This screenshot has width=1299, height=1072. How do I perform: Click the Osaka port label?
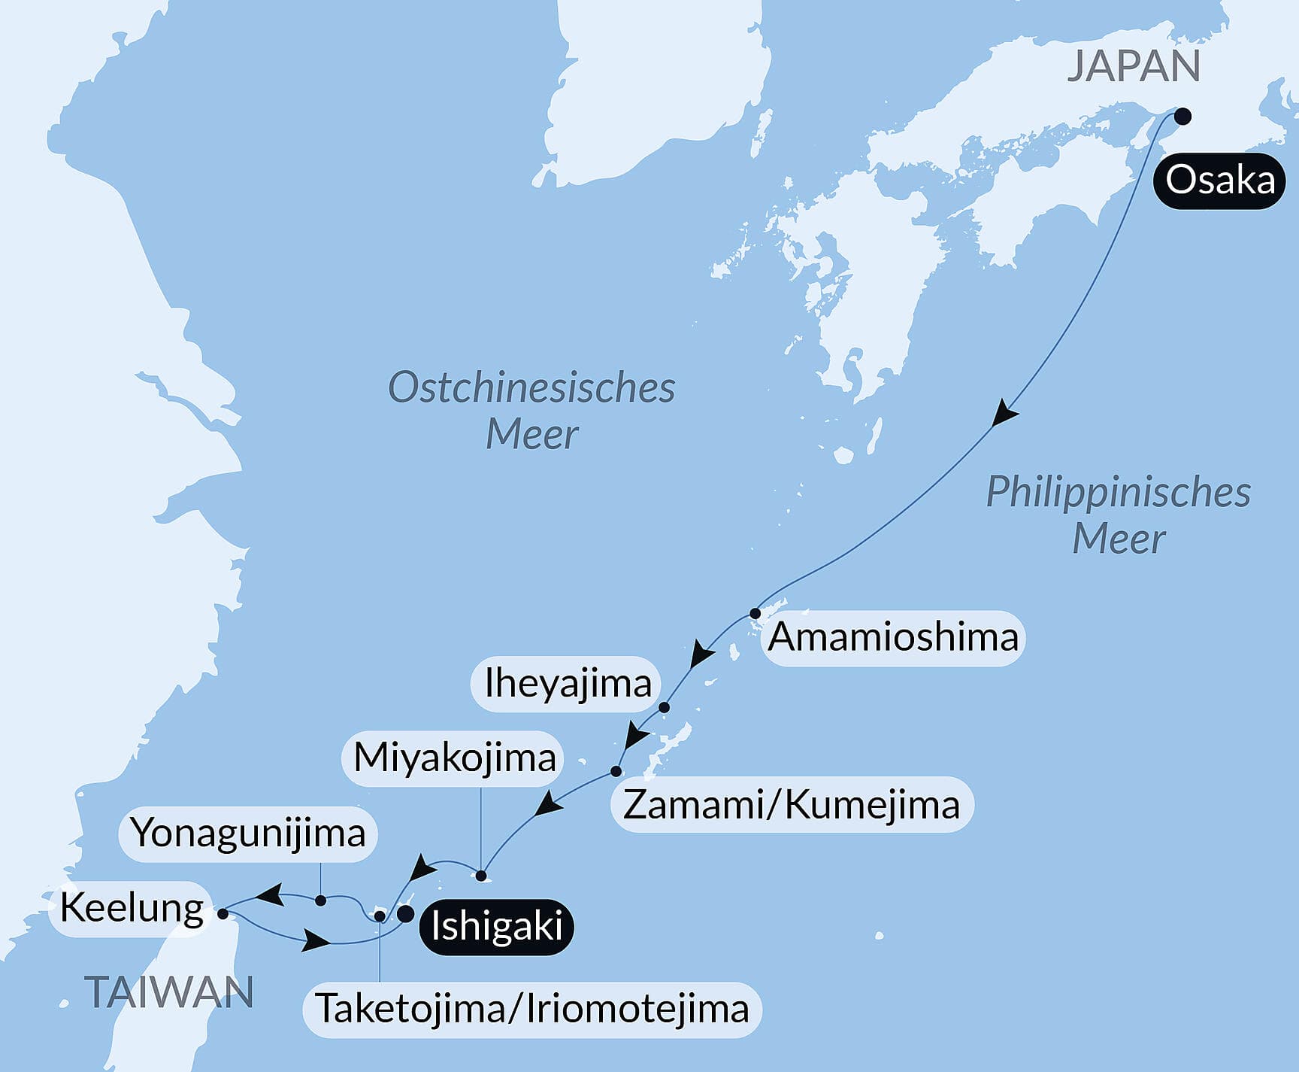coord(1219,181)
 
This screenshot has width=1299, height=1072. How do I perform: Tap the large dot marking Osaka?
coord(1182,116)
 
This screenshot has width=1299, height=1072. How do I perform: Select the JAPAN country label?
coord(1133,66)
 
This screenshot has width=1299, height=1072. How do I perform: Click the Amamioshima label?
coord(892,637)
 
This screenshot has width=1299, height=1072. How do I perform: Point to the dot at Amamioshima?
coord(755,613)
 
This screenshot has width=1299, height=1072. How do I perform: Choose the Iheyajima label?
coord(567,684)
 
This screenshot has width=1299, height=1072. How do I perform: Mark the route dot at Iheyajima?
coord(664,707)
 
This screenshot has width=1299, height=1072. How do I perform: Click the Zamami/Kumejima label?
coord(792,805)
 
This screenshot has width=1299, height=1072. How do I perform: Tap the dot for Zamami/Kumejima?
coord(616,771)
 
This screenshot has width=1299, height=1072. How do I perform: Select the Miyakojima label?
coord(454,758)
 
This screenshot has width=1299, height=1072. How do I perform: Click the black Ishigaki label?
coord(497,926)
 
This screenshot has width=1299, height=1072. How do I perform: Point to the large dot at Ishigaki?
coord(405,914)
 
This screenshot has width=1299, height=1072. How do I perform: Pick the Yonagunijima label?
coord(247,834)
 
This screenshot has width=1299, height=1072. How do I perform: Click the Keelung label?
coord(132,908)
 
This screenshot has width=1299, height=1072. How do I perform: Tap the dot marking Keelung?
coord(223,914)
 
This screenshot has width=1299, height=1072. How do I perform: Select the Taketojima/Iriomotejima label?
coord(531,1009)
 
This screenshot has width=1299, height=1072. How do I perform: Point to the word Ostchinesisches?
coord(531,388)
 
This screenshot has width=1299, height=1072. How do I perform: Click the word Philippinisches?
coord(1118,493)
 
